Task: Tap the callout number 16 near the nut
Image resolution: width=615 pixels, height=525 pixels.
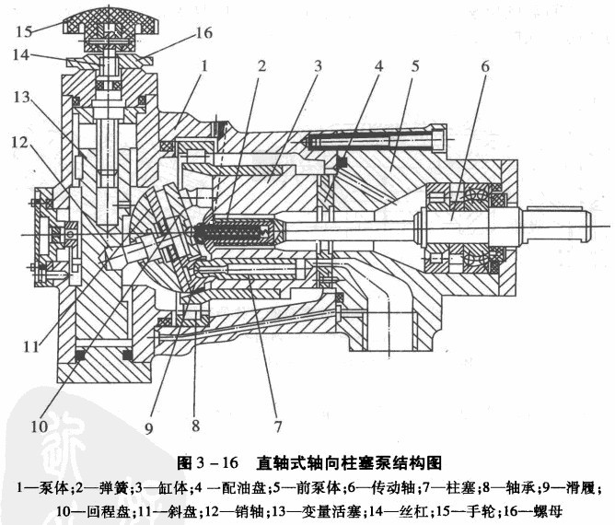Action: (x=204, y=33)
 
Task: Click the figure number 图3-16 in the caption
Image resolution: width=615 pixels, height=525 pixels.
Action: (x=212, y=462)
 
